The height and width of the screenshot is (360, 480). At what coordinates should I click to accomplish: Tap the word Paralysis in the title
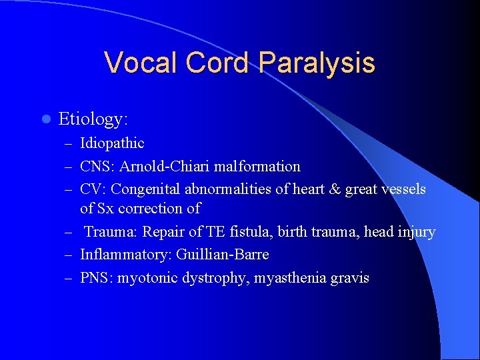click(x=317, y=63)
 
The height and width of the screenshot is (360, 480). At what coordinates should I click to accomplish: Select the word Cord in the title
click(x=218, y=63)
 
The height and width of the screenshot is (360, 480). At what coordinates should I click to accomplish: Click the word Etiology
click(x=93, y=119)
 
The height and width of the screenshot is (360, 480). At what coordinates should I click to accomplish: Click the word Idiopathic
click(x=112, y=143)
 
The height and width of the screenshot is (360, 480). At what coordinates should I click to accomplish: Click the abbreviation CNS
click(x=94, y=166)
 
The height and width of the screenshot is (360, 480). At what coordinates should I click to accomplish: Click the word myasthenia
click(x=289, y=278)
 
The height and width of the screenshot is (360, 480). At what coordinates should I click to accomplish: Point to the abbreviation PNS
click(x=95, y=278)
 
